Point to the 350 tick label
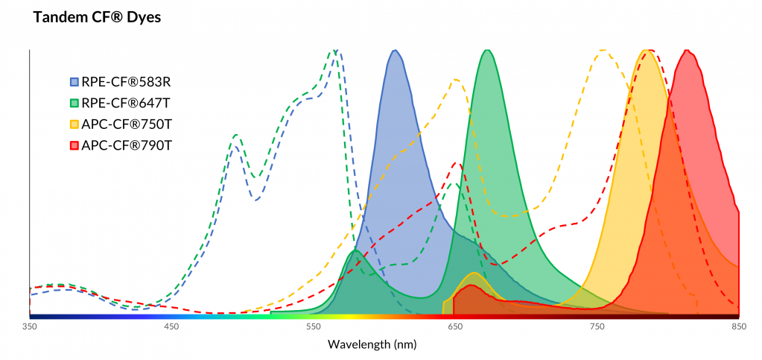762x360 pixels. pos(30,326)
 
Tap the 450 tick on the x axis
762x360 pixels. pos(171,326)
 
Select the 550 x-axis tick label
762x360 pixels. pos(313,326)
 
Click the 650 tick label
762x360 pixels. pos(455,326)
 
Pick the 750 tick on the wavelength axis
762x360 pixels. pos(597,326)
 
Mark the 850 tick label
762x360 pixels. pos(738,326)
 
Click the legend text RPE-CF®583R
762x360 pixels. pos(127,80)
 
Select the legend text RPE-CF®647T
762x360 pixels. pos(127,102)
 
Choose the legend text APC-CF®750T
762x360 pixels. pos(127,124)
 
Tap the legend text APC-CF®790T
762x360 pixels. pos(127,145)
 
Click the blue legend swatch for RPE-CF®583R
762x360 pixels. pos(74,80)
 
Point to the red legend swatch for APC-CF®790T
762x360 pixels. pos(74,145)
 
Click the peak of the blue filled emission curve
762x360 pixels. pos(396,51)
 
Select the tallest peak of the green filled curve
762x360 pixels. pos(487,51)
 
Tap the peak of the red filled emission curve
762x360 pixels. pos(687,51)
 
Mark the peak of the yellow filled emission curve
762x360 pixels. pos(645,51)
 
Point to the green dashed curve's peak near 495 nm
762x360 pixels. pos(236,135)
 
